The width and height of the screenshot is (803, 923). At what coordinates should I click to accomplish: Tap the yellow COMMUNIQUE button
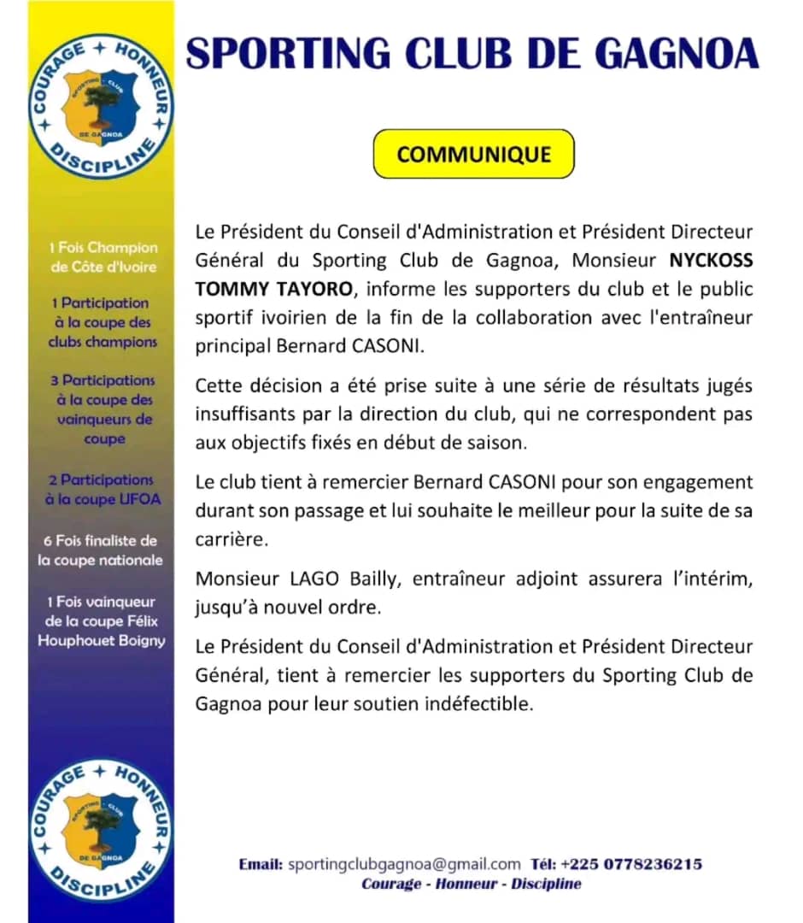[474, 154]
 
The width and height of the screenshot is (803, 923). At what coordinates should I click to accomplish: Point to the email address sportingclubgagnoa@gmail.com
[404, 864]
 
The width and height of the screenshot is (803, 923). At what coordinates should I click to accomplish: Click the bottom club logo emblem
[102, 830]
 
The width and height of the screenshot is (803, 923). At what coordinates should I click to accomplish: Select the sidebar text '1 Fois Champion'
[103, 248]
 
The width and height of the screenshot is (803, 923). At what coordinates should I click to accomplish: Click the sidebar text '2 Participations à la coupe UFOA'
[103, 490]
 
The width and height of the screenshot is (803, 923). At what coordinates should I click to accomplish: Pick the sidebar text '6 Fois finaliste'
[101, 541]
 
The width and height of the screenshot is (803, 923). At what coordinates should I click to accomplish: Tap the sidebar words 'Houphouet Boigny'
[102, 641]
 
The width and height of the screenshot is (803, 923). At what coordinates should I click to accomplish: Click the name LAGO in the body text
[315, 579]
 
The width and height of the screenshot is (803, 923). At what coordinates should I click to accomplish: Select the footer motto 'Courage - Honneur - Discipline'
[472, 884]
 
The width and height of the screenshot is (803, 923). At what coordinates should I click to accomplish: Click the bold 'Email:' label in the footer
[261, 864]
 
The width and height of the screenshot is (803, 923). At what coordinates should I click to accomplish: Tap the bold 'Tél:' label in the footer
[542, 864]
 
